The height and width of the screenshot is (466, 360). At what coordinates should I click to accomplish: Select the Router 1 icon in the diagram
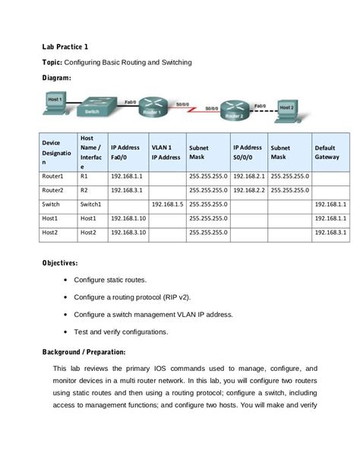(x=155, y=106)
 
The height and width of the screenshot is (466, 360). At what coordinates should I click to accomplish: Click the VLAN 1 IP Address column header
(x=166, y=152)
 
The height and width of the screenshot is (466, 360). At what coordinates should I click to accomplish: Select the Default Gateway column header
(x=329, y=152)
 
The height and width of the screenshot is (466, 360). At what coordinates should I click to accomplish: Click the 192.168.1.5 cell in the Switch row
(x=167, y=204)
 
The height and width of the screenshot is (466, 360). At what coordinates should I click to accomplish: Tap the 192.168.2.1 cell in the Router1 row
(x=249, y=175)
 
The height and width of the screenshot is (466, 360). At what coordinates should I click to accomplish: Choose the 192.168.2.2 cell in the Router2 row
(x=249, y=189)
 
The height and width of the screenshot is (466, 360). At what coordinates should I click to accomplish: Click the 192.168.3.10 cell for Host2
(x=128, y=232)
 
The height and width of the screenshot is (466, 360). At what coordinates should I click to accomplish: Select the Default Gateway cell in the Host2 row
(x=330, y=232)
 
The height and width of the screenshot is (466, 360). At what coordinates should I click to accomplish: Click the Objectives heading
(x=60, y=263)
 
